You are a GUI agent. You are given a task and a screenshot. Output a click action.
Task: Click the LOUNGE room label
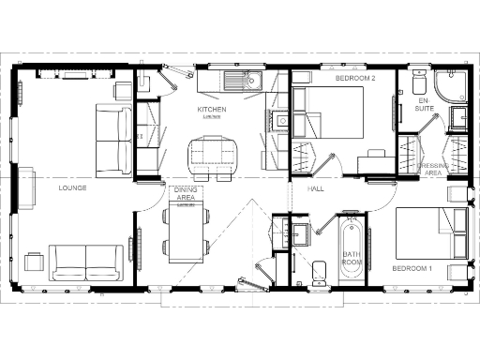click(72, 187)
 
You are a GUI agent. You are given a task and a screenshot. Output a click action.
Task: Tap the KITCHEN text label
click(212, 110)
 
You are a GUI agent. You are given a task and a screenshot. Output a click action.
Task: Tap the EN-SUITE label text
click(424, 105)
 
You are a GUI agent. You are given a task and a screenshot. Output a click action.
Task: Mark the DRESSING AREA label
click(434, 170)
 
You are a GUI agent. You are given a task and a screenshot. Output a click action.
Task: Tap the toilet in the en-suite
click(418, 79)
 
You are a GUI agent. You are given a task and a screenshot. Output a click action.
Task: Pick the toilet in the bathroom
click(317, 272)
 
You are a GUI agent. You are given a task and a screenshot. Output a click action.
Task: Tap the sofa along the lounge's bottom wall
click(86, 262)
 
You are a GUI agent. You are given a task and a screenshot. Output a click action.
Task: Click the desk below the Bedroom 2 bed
click(375, 162)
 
